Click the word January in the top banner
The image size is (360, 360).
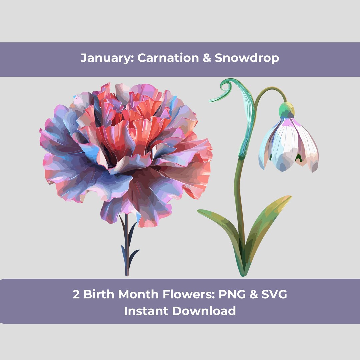[106, 58]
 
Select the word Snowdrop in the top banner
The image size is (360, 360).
[247, 58]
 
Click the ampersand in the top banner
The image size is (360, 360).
[207, 58]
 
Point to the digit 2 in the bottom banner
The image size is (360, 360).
[76, 294]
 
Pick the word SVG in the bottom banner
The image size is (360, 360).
[274, 294]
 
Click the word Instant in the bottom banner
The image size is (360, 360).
[146, 311]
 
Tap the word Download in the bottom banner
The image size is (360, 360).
[204, 311]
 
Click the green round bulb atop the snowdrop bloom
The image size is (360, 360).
[287, 109]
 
